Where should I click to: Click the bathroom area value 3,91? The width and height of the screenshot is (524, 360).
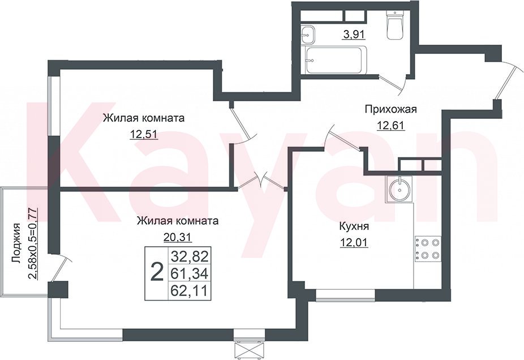click(x=353, y=35)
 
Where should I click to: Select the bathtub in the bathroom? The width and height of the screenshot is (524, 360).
click(x=336, y=59)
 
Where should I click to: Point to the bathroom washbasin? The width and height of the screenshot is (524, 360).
click(x=307, y=35)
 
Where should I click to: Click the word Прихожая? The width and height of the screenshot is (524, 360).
click(x=391, y=109)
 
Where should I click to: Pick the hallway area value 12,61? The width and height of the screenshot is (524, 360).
click(x=391, y=125)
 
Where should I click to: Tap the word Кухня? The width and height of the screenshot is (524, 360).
click(x=354, y=226)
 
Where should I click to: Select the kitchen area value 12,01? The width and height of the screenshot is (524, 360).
click(x=354, y=242)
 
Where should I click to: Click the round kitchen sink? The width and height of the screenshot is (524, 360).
click(x=400, y=189)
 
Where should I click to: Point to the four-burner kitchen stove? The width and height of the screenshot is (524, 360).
click(x=428, y=249)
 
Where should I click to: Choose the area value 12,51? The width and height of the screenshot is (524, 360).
click(x=144, y=134)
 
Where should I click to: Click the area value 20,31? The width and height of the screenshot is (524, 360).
click(x=177, y=237)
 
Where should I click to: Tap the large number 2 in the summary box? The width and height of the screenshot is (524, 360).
click(x=157, y=272)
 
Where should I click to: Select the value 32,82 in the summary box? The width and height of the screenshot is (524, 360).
click(x=190, y=257)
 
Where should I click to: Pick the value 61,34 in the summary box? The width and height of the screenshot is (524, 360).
click(x=190, y=274)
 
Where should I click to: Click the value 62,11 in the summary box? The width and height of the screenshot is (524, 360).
click(x=190, y=290)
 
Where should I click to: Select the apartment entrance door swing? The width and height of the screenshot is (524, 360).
click(x=509, y=80)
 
